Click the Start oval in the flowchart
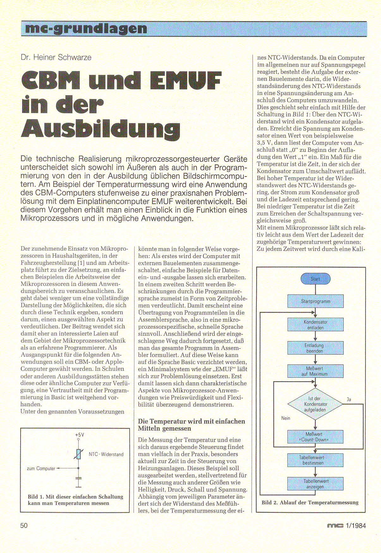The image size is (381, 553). [315, 279]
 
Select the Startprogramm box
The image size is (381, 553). [315, 301]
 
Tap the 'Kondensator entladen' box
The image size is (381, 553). [315, 325]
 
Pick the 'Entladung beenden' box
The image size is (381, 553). [315, 348]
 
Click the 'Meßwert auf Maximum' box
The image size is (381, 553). [315, 371]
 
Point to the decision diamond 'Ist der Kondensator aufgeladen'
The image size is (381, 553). [315, 404]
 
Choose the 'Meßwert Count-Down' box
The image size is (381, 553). [315, 437]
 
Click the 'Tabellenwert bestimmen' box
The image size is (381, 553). [315, 460]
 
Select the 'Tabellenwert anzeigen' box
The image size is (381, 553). [315, 484]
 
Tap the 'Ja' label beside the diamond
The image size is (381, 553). [349, 400]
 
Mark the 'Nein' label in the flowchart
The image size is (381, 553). [286, 418]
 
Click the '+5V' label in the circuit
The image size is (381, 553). [79, 435]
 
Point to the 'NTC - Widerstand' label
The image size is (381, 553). [106, 454]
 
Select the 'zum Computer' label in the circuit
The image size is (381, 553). [41, 469]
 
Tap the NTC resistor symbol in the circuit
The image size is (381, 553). [78, 454]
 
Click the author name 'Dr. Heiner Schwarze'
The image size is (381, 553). [56, 57]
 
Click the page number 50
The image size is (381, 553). [24, 525]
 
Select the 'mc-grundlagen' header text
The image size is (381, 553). [86, 29]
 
